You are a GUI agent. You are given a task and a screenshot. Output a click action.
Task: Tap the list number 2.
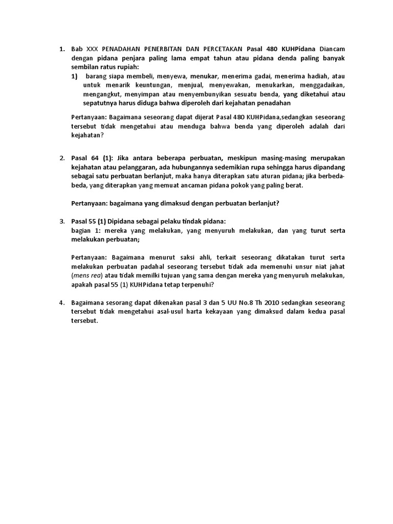coord(61,158)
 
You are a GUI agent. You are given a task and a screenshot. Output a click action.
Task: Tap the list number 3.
coord(61,221)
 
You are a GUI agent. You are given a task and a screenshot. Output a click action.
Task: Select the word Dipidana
coord(123,221)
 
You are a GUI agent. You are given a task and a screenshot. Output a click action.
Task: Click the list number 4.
coord(61,302)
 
